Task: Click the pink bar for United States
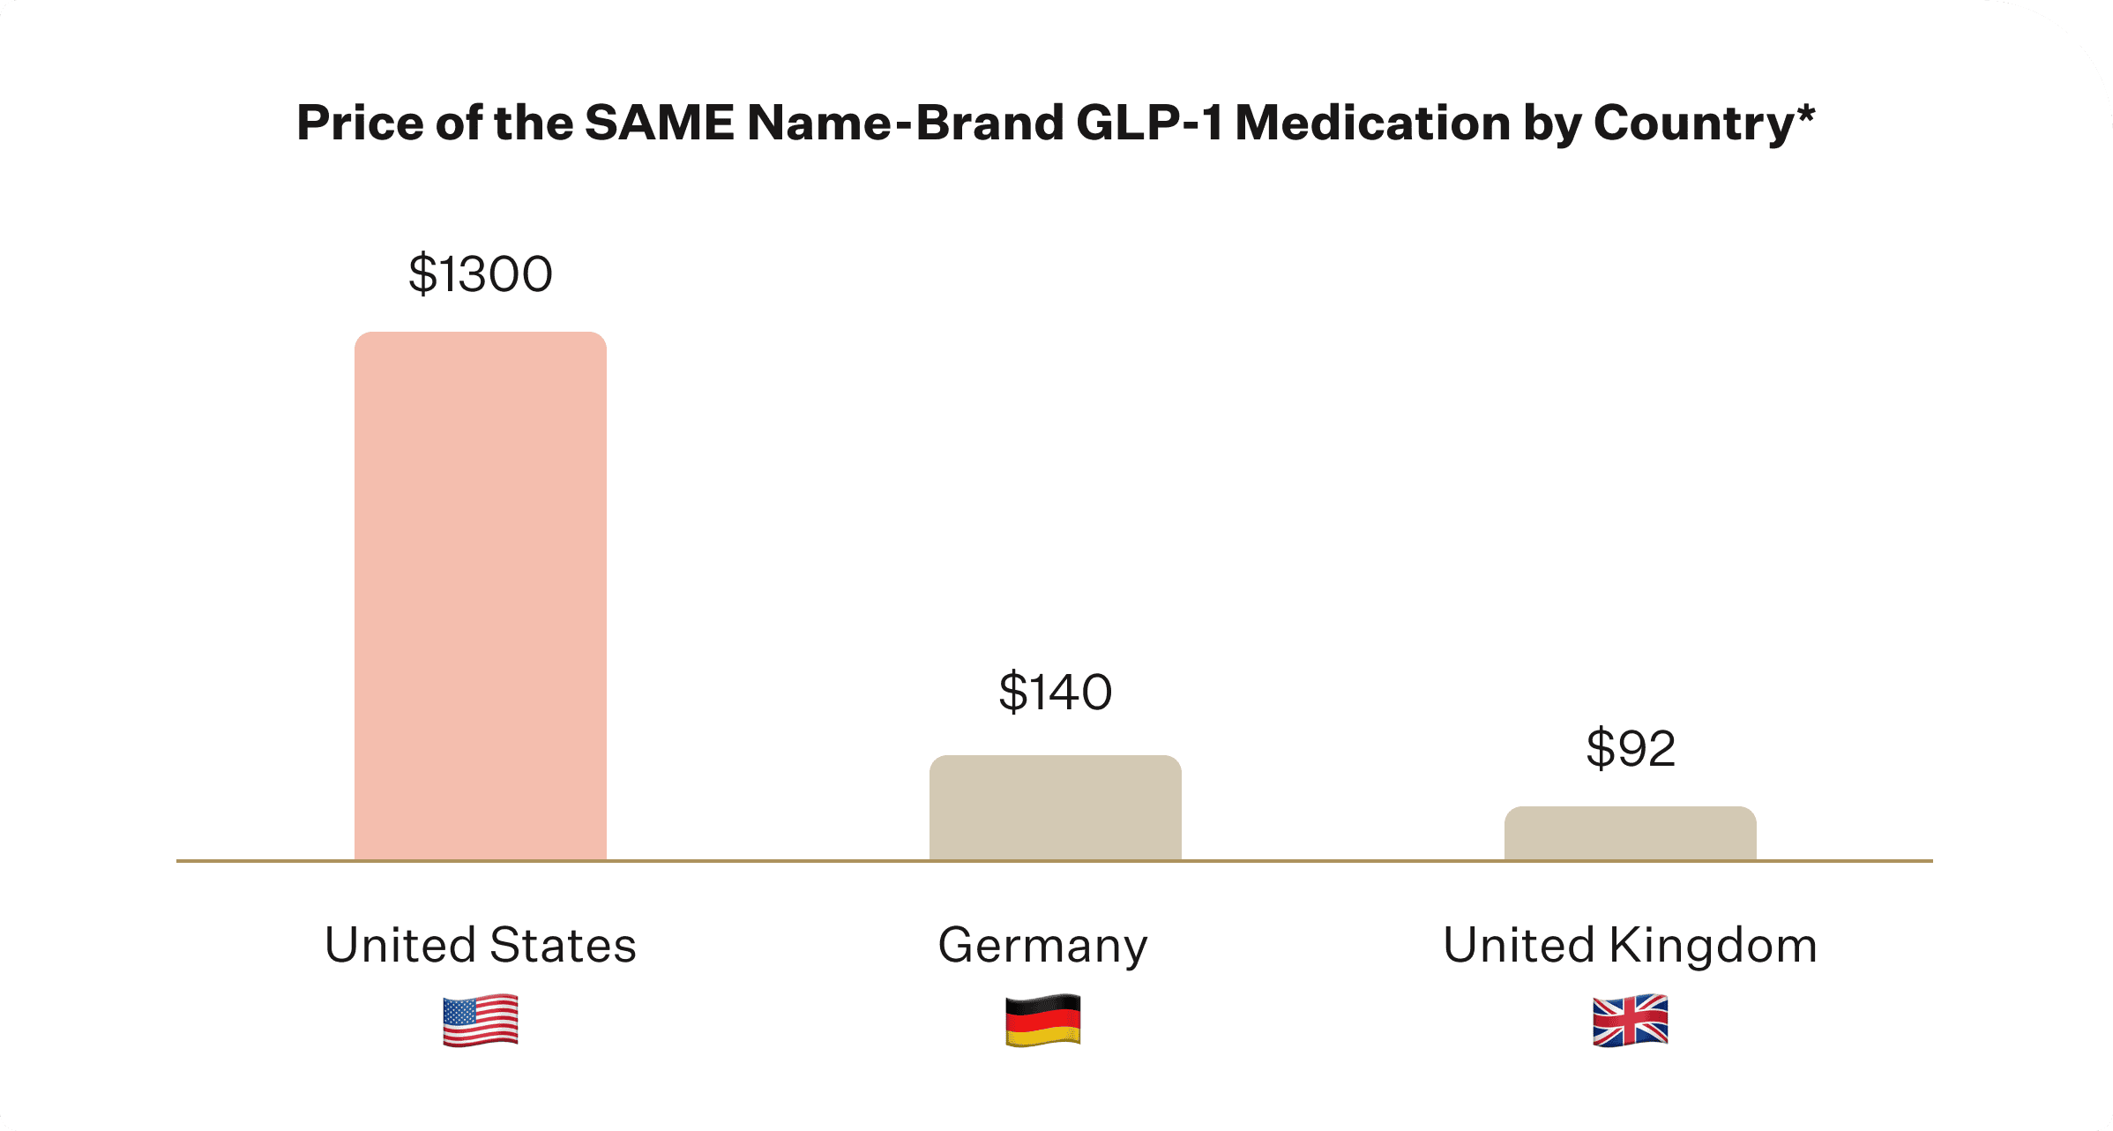pyautogui.click(x=480, y=595)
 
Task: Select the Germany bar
pyautogui.click(x=1055, y=807)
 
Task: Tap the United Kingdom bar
pyautogui.click(x=1630, y=833)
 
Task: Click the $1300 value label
pyautogui.click(x=480, y=273)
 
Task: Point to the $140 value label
pyautogui.click(x=1055, y=692)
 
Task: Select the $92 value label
pyautogui.click(x=1630, y=749)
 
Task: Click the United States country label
pyautogui.click(x=480, y=945)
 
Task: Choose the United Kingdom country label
pyautogui.click(x=1630, y=945)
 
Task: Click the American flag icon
pyautogui.click(x=480, y=1021)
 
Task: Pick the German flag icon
pyautogui.click(x=1042, y=1021)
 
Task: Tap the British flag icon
pyautogui.click(x=1630, y=1021)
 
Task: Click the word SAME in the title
pyautogui.click(x=659, y=123)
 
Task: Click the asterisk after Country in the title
pyautogui.click(x=1805, y=112)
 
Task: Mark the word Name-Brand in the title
pyautogui.click(x=905, y=123)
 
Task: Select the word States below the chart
pyautogui.click(x=562, y=945)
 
